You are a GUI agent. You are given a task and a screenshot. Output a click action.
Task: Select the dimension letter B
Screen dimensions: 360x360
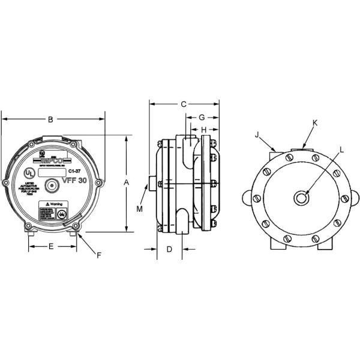tap(50, 119)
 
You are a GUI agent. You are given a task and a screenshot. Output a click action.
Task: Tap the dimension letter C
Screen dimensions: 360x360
tap(184, 104)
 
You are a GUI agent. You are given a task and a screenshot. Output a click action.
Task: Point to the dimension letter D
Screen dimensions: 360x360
tap(169, 248)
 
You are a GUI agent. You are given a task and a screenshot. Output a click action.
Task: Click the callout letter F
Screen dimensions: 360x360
tap(99, 256)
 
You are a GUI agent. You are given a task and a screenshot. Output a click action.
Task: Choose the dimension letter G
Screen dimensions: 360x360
tap(202, 116)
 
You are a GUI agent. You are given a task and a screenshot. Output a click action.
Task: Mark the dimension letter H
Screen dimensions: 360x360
tap(203, 130)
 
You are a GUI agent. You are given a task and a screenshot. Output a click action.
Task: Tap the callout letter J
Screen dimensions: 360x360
tap(257, 135)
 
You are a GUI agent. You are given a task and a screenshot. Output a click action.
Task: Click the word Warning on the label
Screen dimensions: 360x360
tap(58, 204)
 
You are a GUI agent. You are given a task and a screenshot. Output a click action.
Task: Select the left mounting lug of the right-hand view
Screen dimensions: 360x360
tap(247, 197)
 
